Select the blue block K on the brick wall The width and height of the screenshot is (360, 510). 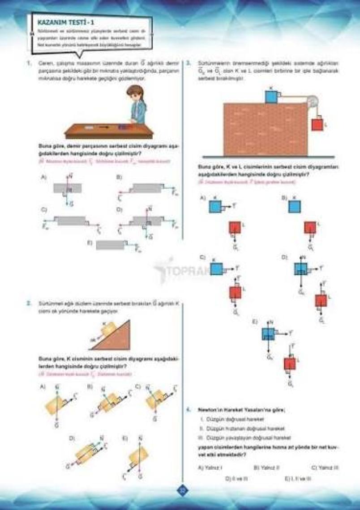(x=271, y=97)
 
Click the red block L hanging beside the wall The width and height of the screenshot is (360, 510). (x=317, y=123)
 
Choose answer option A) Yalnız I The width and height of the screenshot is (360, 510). (x=210, y=467)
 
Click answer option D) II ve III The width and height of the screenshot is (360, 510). (x=237, y=478)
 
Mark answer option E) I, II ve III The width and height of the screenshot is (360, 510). (x=298, y=478)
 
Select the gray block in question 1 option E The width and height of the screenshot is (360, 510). (x=110, y=245)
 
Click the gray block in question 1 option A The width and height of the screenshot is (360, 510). (x=67, y=188)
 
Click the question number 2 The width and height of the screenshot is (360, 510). (x=29, y=303)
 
